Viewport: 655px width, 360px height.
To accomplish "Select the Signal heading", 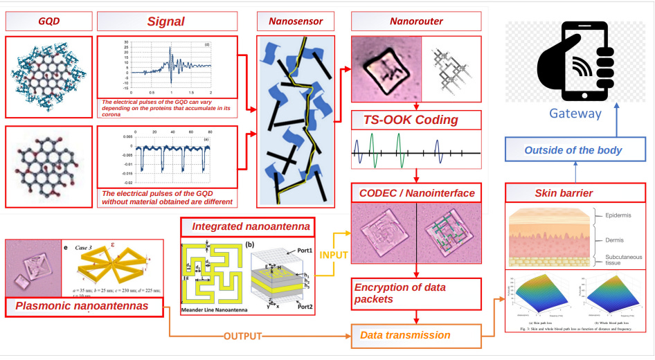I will coord(166,21).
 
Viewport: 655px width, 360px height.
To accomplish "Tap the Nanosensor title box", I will coord(297,21).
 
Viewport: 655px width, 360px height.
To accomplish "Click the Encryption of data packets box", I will coord(415,294).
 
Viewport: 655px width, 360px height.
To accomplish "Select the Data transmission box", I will coord(415,336).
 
